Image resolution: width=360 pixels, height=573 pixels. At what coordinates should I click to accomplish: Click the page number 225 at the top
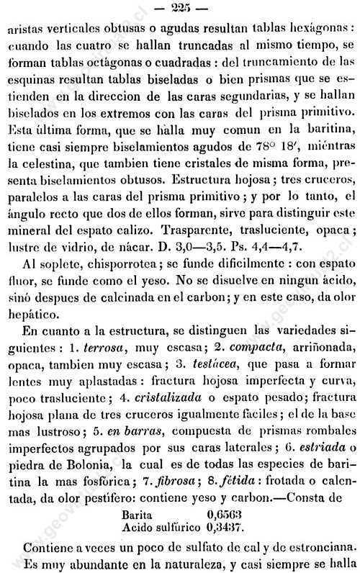click(x=180, y=9)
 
